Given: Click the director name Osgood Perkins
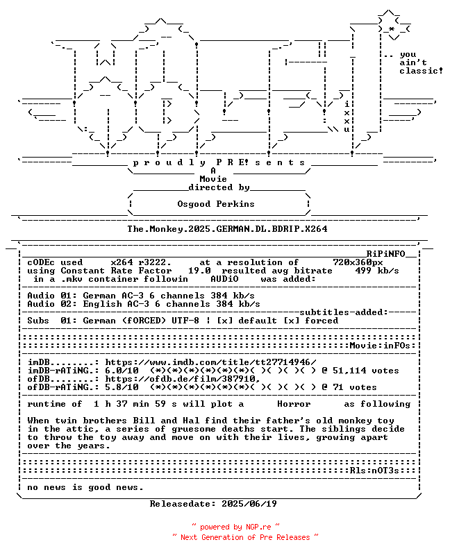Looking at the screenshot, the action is [216, 204].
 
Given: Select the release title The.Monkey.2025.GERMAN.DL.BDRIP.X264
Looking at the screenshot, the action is [227, 229].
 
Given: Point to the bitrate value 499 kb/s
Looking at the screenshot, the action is [376, 271].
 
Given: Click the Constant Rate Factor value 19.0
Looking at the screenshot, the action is [199, 271].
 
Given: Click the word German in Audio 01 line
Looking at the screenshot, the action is [99, 296].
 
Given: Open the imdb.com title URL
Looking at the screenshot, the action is [210, 362].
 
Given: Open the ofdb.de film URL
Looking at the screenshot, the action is [183, 379].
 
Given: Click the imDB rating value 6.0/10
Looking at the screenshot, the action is [122, 371].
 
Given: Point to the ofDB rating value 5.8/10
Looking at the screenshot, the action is [122, 387].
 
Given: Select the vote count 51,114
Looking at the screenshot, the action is [349, 371].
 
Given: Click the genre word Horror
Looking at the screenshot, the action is [294, 404].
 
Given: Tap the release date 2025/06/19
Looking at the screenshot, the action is [249, 504].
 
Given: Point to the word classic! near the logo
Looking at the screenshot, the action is [421, 71].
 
